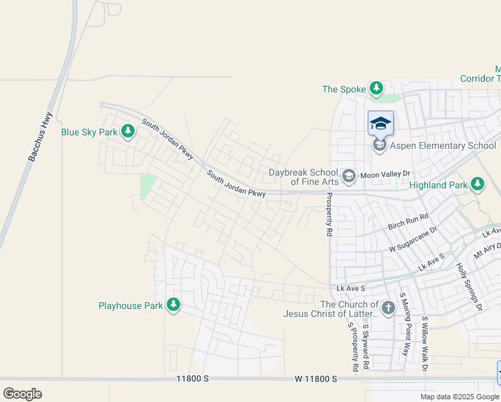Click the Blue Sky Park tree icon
[x=127, y=132]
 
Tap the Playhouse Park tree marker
[x=173, y=306]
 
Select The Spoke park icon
[x=376, y=88]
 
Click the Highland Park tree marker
[x=477, y=184]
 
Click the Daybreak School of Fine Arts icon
[x=348, y=177]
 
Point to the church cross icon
[x=389, y=309]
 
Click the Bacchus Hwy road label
[x=40, y=138]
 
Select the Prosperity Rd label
[x=329, y=215]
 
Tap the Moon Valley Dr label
[x=384, y=174]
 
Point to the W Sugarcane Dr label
[x=413, y=240]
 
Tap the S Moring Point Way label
[x=404, y=324]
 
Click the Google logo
[x=22, y=394]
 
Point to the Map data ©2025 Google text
[x=460, y=397]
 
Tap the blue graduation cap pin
[x=380, y=123]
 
